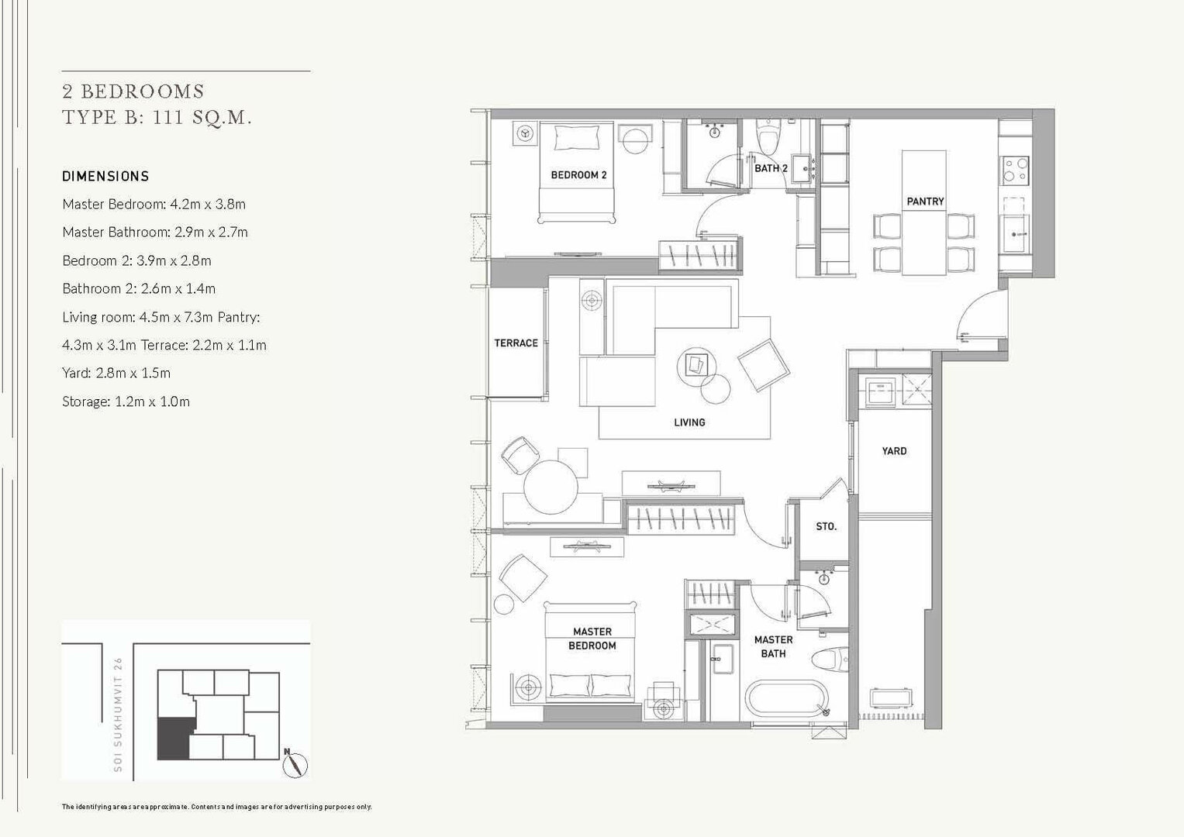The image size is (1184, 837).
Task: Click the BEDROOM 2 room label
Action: pyautogui.click(x=578, y=175)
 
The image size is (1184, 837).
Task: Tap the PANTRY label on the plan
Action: pyautogui.click(x=925, y=201)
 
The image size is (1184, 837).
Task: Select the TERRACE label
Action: pyautogui.click(x=516, y=343)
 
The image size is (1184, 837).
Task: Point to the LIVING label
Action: pyautogui.click(x=689, y=422)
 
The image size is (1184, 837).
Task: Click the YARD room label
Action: pyautogui.click(x=894, y=451)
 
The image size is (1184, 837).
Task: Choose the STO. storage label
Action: pyautogui.click(x=826, y=526)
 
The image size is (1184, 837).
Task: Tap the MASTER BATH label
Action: pyautogui.click(x=773, y=646)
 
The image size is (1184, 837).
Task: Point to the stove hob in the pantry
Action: pyautogui.click(x=1014, y=170)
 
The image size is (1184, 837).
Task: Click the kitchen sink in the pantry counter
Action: pyautogui.click(x=1013, y=233)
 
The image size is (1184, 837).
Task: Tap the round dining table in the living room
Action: pyautogui.click(x=551, y=487)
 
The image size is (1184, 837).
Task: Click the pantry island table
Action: pyautogui.click(x=924, y=212)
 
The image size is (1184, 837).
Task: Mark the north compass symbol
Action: pyautogui.click(x=295, y=764)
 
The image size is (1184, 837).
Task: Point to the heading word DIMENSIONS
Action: pyautogui.click(x=105, y=177)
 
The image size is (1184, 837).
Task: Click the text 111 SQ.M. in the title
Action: pyautogui.click(x=202, y=117)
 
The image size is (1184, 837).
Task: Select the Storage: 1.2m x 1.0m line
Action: pyautogui.click(x=126, y=401)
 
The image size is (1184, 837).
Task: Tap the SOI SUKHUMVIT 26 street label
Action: pyautogui.click(x=118, y=715)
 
